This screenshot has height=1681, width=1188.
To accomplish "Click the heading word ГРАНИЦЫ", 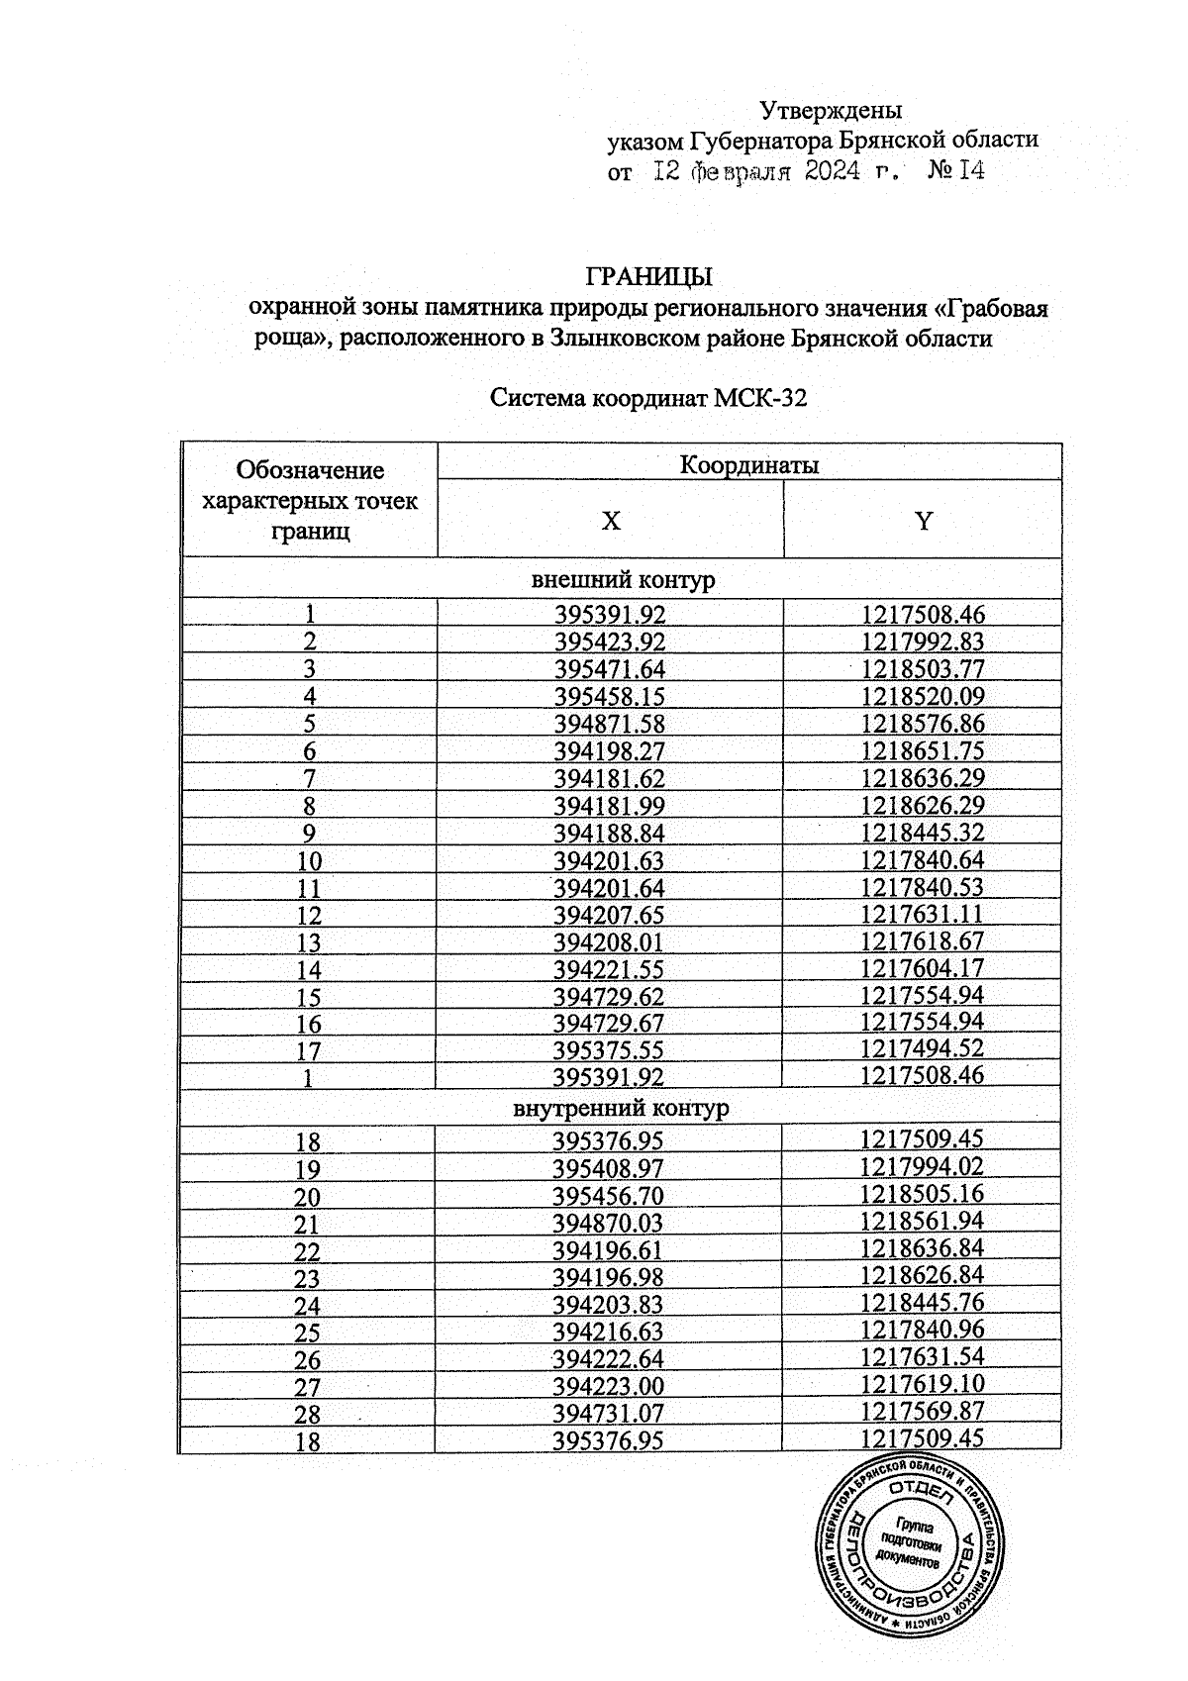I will coord(649,276).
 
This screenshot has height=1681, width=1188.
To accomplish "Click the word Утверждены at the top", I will coord(831,109).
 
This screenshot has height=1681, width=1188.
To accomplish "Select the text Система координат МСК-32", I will coord(648,399).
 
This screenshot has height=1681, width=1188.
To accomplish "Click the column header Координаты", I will coord(748,464).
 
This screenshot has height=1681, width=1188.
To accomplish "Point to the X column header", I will coord(611,521).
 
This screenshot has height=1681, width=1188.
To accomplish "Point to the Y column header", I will coord(923,521).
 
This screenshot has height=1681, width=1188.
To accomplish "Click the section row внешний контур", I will coord(624,580).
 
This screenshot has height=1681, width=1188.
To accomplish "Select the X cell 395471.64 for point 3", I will coord(610,669).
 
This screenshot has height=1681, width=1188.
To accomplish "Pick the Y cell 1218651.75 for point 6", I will coord(923,751).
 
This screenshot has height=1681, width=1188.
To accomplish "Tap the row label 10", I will coord(309,861).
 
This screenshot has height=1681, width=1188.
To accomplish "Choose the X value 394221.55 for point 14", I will coord(610,970).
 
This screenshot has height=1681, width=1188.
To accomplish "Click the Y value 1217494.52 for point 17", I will coord(923,1051).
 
